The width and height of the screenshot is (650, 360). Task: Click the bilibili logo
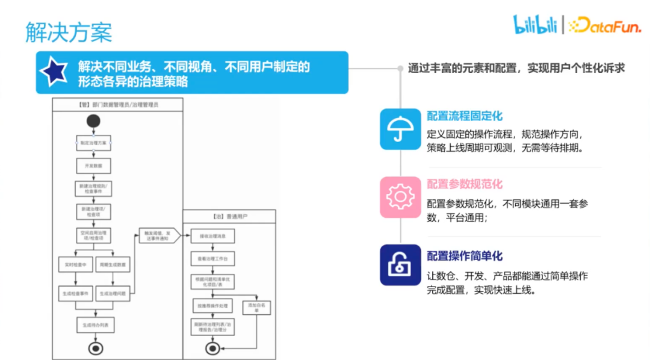pyautogui.click(x=534, y=25)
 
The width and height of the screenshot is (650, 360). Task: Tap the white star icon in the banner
pyautogui.click(x=53, y=72)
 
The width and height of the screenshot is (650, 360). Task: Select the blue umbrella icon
pyautogui.click(x=400, y=129)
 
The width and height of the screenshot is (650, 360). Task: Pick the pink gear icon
pyautogui.click(x=400, y=197)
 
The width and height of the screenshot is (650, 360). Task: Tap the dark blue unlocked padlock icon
pyautogui.click(x=400, y=265)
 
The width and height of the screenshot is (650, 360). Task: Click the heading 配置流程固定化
pyautogui.click(x=464, y=116)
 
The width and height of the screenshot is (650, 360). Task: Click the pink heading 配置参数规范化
pyautogui.click(x=464, y=184)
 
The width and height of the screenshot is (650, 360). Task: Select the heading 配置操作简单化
pyautogui.click(x=464, y=256)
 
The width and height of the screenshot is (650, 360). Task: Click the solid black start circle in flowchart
pyautogui.click(x=93, y=121)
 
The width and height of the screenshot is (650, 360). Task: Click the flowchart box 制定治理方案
pyautogui.click(x=93, y=143)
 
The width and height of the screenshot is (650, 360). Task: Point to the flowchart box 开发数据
pyautogui.click(x=93, y=166)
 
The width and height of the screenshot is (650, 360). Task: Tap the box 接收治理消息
pyautogui.click(x=212, y=237)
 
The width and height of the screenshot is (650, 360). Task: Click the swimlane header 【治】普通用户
pyautogui.click(x=229, y=216)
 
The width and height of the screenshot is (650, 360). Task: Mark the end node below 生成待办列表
pyautogui.click(x=94, y=347)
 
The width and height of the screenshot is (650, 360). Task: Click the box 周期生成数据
pyautogui.click(x=113, y=265)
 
